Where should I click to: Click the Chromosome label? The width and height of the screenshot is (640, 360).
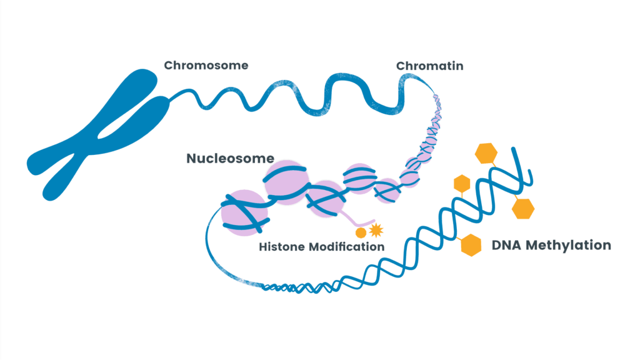pyautogui.click(x=206, y=65)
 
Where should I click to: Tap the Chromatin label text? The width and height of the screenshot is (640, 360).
pyautogui.click(x=429, y=66)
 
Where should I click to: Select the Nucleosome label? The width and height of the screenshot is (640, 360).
pyautogui.click(x=230, y=159)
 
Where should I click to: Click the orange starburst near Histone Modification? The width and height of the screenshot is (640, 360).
pyautogui.click(x=376, y=231)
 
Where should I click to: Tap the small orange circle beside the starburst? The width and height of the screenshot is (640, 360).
pyautogui.click(x=361, y=233)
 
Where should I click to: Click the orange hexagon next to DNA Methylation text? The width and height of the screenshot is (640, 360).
pyautogui.click(x=471, y=245)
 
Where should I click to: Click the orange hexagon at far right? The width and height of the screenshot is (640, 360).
pyautogui.click(x=524, y=208)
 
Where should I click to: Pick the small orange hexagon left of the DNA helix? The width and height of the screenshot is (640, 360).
pyautogui.click(x=461, y=184)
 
